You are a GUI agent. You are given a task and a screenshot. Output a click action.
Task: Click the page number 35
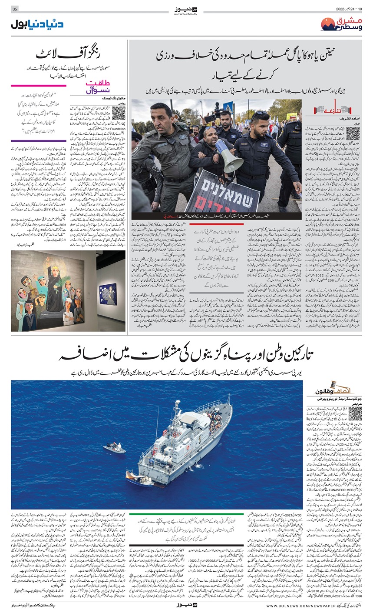tap(15, 9)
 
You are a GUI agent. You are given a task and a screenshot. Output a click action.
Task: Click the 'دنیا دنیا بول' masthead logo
tap(36, 24)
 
